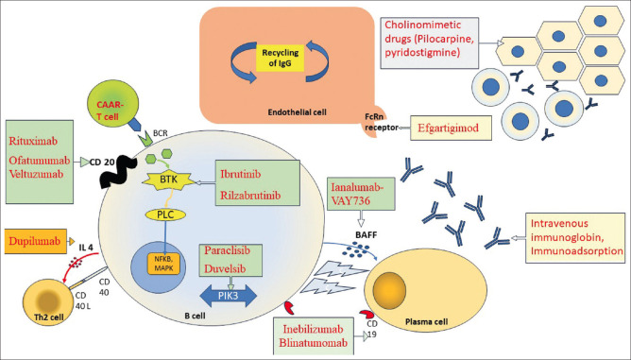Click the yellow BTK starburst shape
click(x=168, y=180)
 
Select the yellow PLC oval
click(x=165, y=215)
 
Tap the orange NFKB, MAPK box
click(x=163, y=264)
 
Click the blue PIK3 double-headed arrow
click(x=229, y=296)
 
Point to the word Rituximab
click(x=33, y=141)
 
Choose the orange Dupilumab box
click(x=35, y=242)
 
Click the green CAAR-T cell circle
click(x=112, y=109)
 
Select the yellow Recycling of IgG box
click(x=281, y=58)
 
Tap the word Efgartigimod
click(x=449, y=129)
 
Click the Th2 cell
click(x=49, y=301)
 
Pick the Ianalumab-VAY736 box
click(x=361, y=194)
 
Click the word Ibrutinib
click(x=240, y=175)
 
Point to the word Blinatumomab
click(x=314, y=344)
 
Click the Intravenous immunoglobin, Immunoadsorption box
click(x=575, y=237)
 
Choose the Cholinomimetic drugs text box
click(x=430, y=43)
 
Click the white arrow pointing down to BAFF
click(x=361, y=219)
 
